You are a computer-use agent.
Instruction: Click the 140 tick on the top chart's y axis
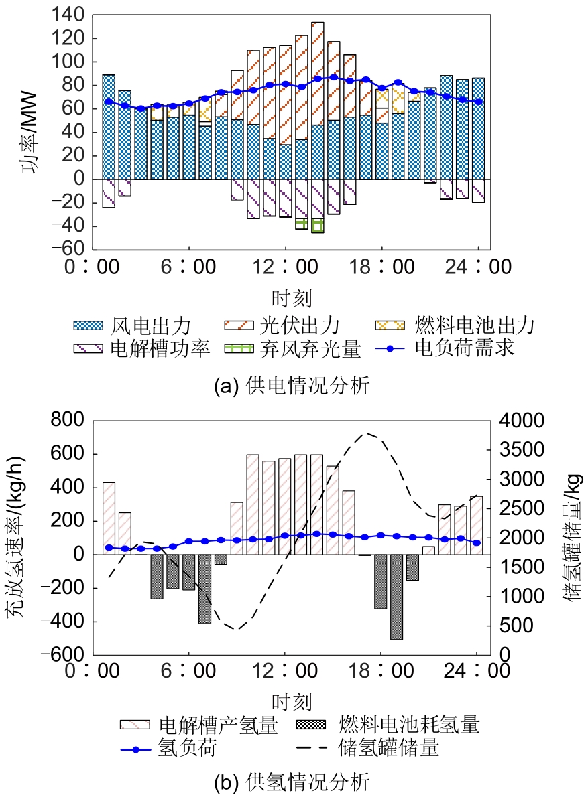(66, 15)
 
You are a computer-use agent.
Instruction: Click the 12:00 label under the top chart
(285, 267)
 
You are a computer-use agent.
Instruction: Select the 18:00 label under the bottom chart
(381, 672)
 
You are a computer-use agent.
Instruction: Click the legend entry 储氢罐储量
(390, 747)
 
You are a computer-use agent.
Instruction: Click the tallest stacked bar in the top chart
(318, 100)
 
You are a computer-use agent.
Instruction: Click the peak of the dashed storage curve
(366, 433)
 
